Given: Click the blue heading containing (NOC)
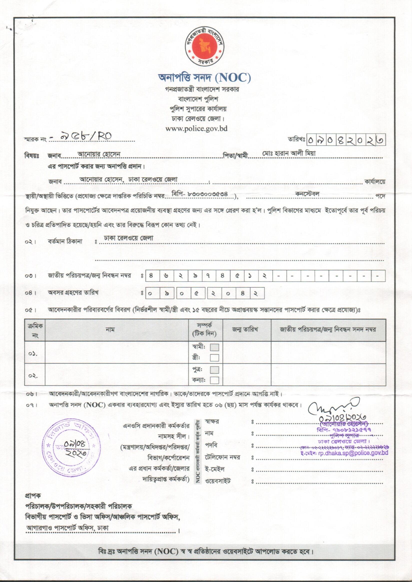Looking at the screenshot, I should (x=204, y=78).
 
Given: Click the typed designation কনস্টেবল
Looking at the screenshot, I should (x=307, y=194).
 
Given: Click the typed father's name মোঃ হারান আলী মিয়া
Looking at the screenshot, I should (x=289, y=153).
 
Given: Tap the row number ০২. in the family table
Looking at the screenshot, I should (x=33, y=376).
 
